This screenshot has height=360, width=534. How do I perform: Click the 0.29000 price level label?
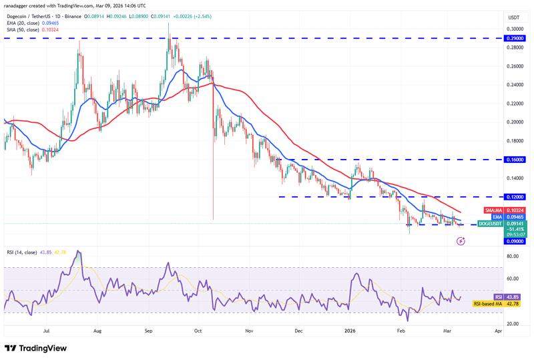(514, 39)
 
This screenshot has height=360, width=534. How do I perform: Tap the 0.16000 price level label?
(514, 160)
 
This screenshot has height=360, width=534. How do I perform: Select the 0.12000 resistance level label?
(514, 197)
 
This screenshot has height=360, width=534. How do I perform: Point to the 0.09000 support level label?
(514, 242)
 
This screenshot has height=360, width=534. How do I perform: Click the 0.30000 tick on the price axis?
(514, 29)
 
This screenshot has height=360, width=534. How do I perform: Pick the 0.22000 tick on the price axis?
(514, 104)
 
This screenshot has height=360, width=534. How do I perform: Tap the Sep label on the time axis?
(149, 330)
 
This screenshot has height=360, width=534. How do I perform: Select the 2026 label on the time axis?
(350, 330)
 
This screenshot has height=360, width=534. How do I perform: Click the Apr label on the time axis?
(498, 330)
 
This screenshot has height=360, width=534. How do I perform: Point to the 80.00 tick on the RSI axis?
(513, 256)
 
